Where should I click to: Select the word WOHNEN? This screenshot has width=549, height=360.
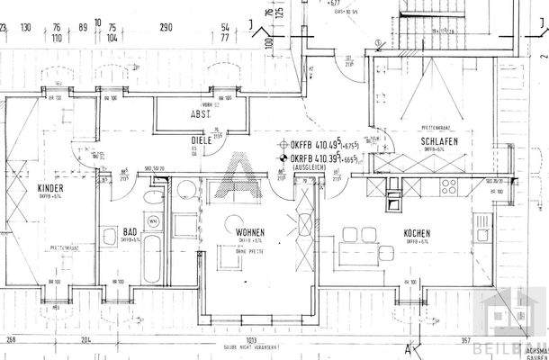[250, 232]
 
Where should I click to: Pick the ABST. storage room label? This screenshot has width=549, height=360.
[200, 114]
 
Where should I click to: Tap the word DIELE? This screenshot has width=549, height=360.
[200, 141]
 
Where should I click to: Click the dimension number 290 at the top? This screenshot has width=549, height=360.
[166, 28]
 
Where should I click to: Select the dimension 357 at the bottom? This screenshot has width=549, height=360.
[465, 340]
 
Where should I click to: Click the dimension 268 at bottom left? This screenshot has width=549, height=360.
[12, 339]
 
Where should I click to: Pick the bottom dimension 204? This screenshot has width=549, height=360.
[85, 339]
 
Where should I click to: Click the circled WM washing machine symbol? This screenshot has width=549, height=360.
[153, 219]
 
